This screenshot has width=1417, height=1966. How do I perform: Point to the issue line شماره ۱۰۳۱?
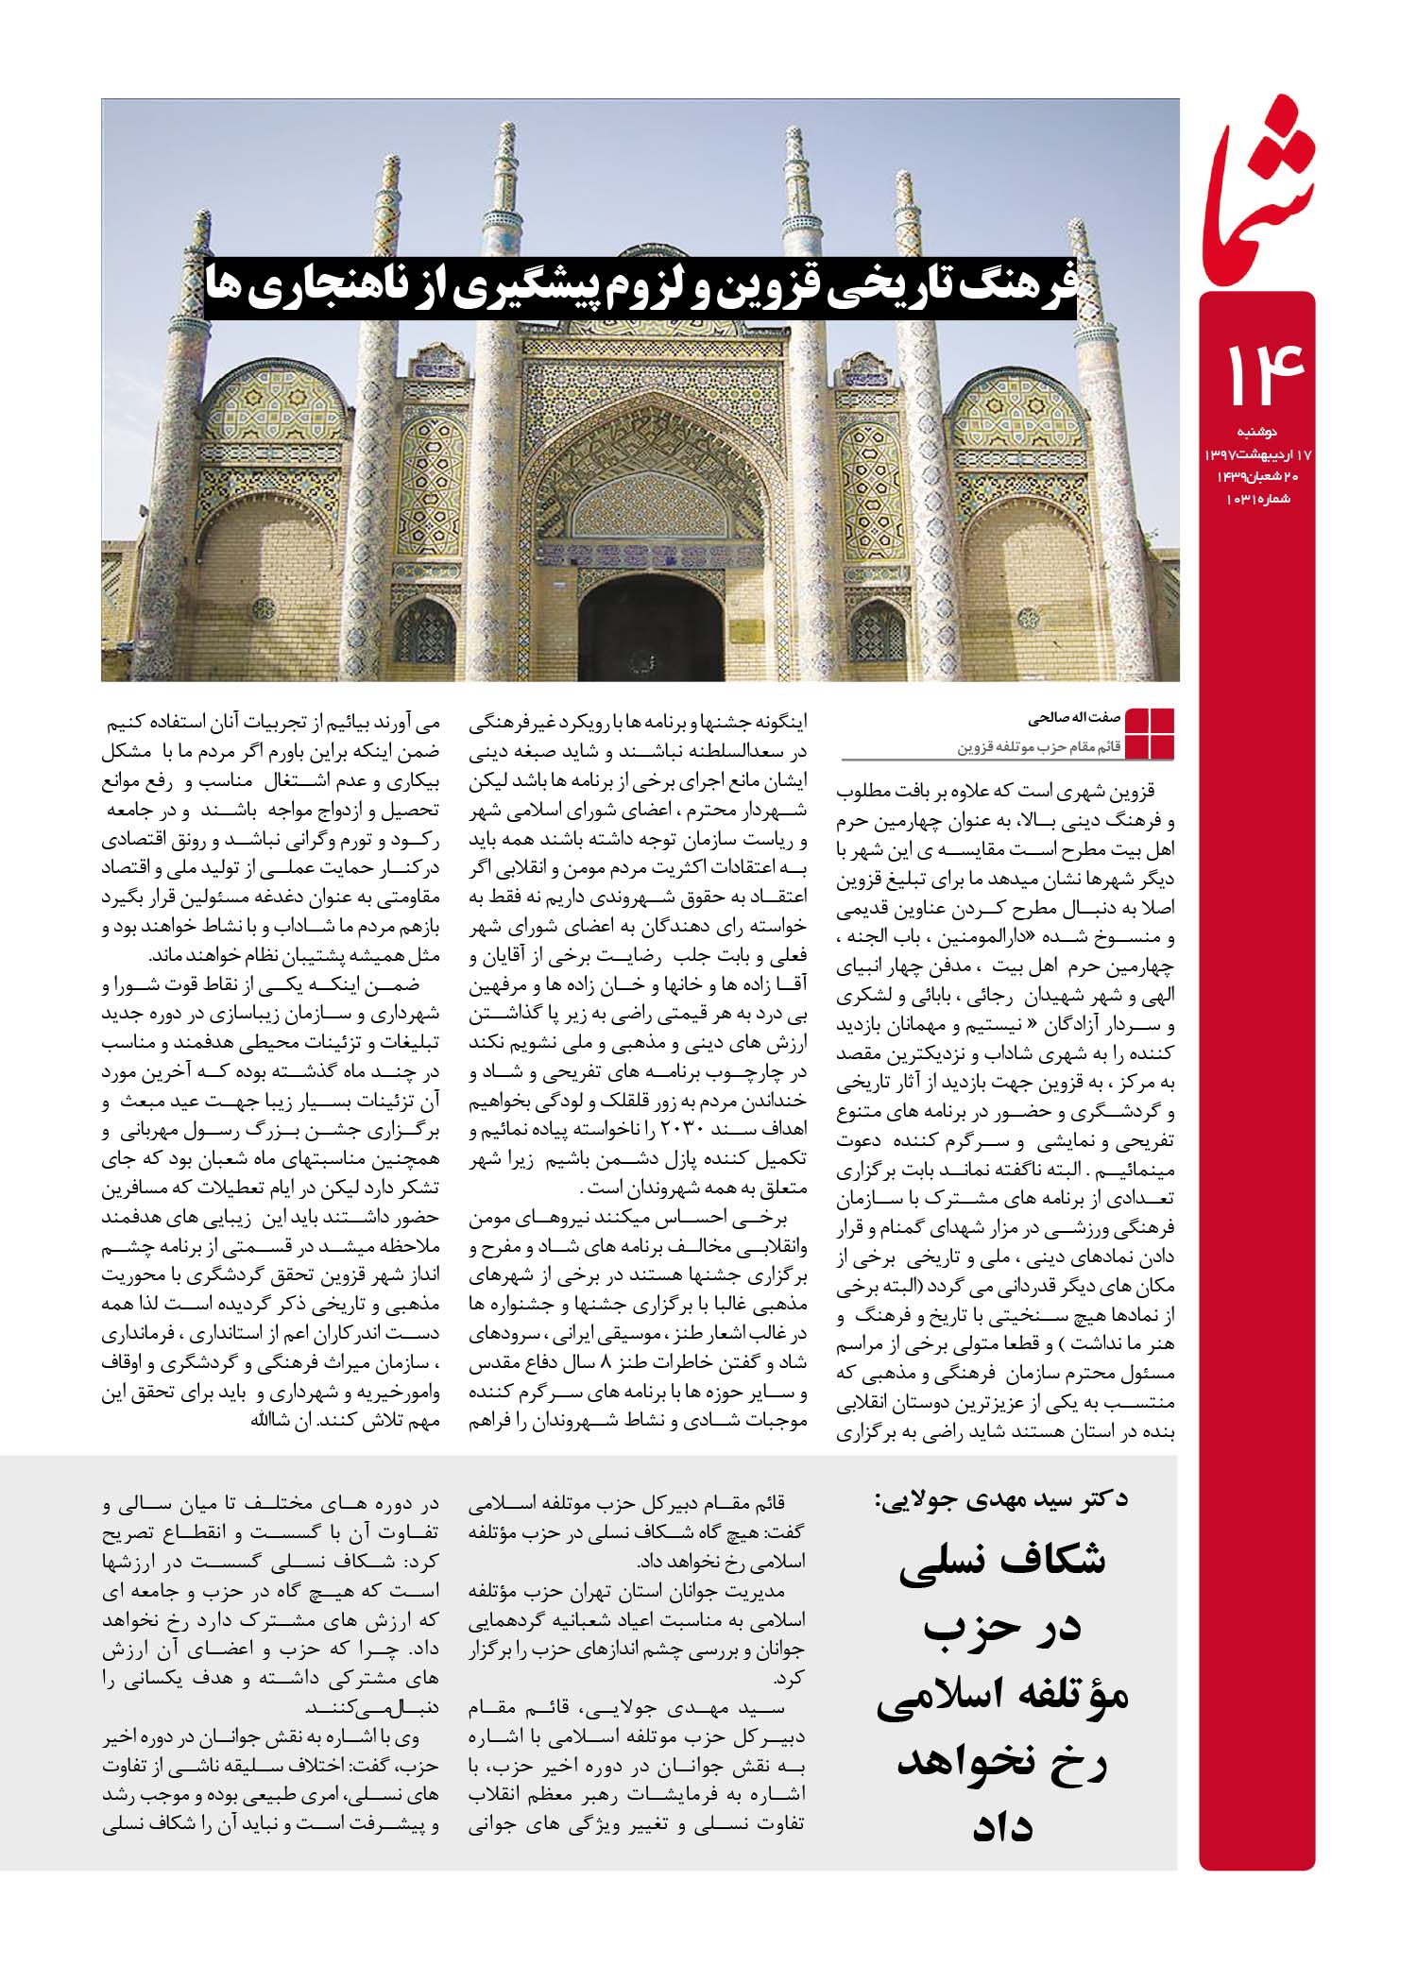click(x=1258, y=498)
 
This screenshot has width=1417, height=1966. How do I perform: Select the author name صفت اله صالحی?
click(x=1075, y=718)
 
